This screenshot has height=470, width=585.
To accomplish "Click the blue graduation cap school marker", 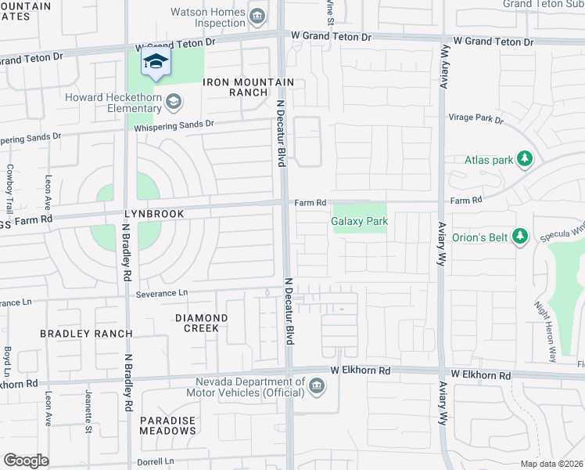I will (156, 63).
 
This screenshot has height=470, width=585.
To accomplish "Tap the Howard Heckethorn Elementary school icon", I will (174, 101).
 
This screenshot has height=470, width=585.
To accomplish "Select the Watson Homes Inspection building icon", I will (257, 14).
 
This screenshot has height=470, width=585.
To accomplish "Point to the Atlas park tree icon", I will (526, 160).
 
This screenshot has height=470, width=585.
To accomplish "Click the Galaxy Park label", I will (359, 222).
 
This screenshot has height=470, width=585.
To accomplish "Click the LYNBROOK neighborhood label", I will (153, 213).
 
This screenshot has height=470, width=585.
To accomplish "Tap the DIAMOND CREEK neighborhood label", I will (201, 324).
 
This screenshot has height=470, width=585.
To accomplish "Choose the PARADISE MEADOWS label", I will (167, 426).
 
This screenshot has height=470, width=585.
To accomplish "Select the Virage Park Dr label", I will (476, 118).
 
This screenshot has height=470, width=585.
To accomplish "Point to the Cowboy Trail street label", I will (9, 188).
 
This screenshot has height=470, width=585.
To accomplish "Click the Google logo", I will (26, 460).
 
